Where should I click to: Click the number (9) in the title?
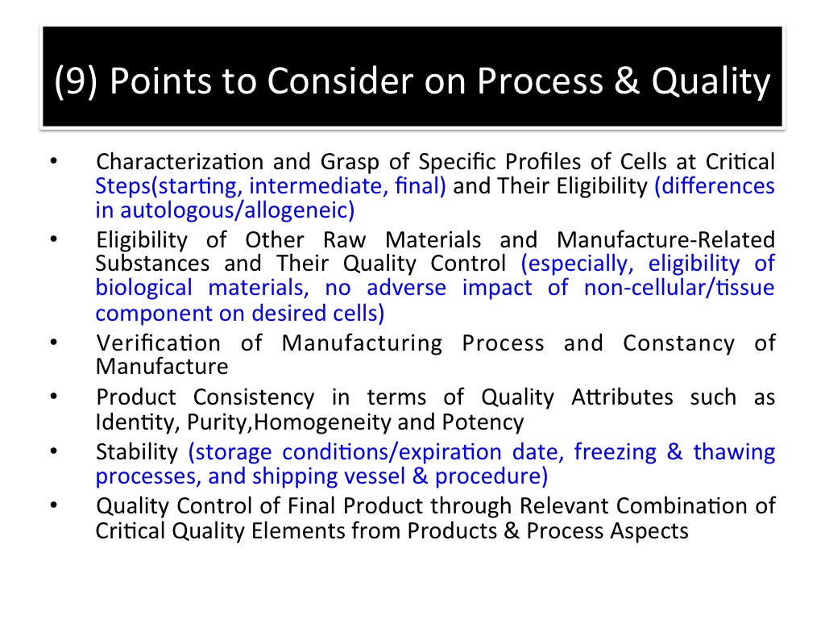(x=76, y=81)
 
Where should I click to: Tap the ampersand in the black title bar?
(x=627, y=81)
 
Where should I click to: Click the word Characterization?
(x=180, y=161)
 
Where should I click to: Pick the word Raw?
(x=345, y=240)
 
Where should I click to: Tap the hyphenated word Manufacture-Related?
(x=665, y=240)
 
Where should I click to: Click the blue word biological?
(x=143, y=288)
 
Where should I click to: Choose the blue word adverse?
(x=406, y=288)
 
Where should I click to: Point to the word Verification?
(x=158, y=343)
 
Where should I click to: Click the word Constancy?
(x=678, y=343)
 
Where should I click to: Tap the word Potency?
(x=483, y=422)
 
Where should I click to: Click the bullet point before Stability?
(x=54, y=451)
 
